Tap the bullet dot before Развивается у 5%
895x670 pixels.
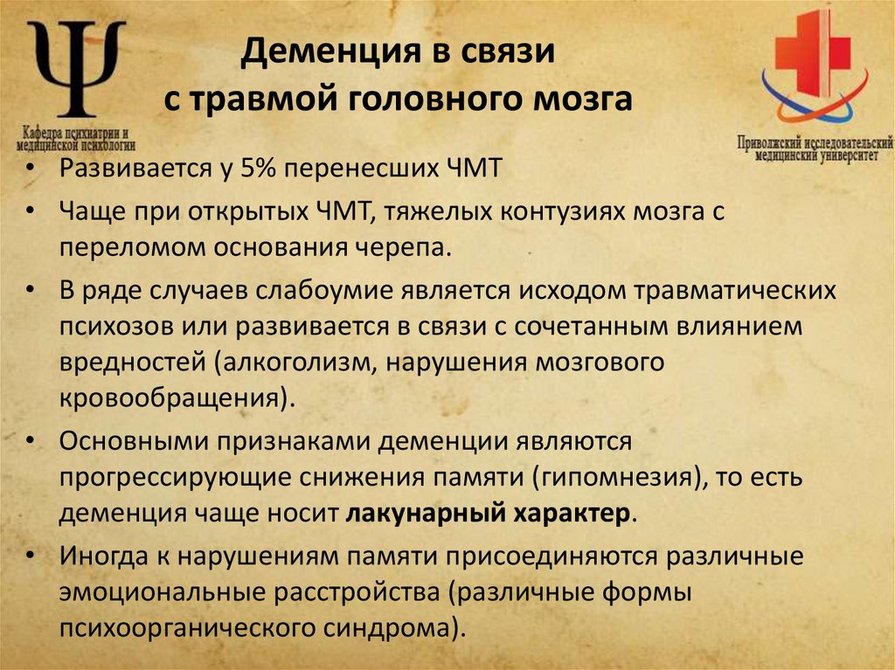(x=32, y=169)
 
